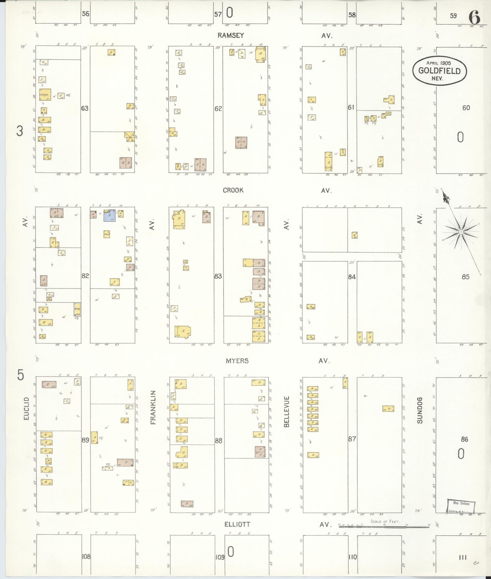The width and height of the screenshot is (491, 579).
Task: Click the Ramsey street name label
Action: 231,35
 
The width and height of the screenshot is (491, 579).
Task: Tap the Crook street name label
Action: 233,190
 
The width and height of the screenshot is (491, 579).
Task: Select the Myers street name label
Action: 237,361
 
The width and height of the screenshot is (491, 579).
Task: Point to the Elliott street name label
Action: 237,524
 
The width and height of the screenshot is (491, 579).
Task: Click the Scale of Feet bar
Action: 384,525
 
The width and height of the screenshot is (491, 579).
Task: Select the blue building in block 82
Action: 109,216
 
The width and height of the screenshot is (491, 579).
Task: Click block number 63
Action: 85,108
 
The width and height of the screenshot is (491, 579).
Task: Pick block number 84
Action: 352,277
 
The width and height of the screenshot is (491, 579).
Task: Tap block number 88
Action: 218,441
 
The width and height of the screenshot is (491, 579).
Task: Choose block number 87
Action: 352,439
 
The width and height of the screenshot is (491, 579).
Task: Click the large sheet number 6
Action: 474,17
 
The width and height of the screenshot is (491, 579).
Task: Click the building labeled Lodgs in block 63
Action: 45,95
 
